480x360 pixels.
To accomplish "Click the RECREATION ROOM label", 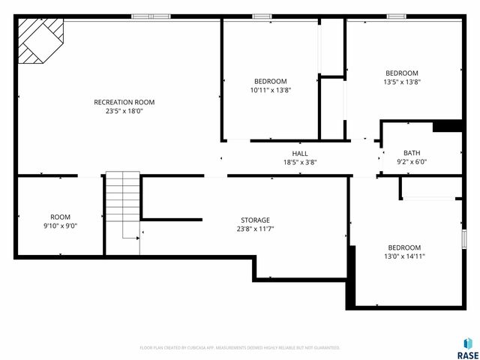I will (124, 102).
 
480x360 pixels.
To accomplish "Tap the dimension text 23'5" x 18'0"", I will (124, 112).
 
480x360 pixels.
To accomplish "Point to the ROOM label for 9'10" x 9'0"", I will (60, 217).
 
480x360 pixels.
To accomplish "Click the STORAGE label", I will (255, 220).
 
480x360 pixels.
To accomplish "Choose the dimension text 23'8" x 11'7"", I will (255, 229).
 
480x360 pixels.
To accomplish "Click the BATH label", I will (412, 153).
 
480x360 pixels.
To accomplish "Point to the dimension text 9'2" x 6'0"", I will (412, 162).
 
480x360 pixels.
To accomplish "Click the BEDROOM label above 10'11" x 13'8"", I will (270, 81).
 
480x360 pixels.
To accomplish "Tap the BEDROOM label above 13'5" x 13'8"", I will (401, 73).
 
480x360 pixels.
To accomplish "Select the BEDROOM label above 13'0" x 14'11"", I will (404, 247).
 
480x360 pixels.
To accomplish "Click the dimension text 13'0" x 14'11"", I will (404, 256).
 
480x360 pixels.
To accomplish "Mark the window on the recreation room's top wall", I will (150, 16).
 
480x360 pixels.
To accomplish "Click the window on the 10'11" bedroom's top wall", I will (262, 16).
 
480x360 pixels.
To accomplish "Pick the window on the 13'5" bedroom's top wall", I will (396, 16).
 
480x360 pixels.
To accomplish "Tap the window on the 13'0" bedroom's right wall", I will (463, 238).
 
